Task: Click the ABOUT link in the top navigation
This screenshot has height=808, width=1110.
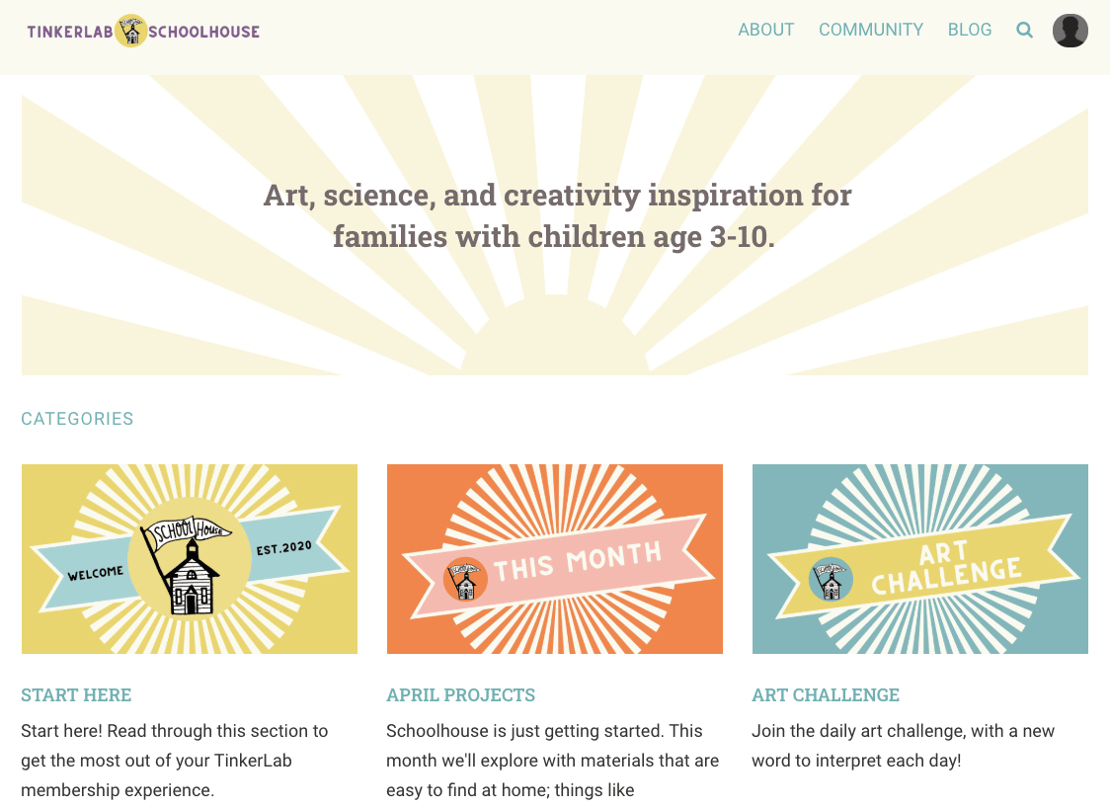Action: pyautogui.click(x=766, y=30)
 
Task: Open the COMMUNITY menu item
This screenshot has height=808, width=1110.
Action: pyautogui.click(x=871, y=30)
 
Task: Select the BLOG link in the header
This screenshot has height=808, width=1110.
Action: pyautogui.click(x=970, y=30)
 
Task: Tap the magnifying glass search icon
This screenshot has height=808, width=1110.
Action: pyautogui.click(x=1024, y=31)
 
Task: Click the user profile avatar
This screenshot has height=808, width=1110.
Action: pyautogui.click(x=1070, y=31)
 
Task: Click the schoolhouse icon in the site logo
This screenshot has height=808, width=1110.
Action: pyautogui.click(x=131, y=31)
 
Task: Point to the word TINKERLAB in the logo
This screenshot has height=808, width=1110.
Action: pyautogui.click(x=70, y=32)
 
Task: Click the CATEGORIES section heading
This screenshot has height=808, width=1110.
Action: pyautogui.click(x=77, y=419)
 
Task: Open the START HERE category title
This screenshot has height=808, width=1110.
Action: pyautogui.click(x=76, y=694)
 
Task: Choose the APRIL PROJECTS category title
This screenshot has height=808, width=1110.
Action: pyautogui.click(x=461, y=694)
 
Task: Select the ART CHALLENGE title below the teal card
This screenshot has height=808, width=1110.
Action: pyautogui.click(x=826, y=694)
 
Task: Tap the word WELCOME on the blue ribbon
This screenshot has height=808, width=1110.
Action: pyautogui.click(x=96, y=573)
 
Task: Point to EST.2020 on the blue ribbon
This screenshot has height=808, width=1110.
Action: pyautogui.click(x=283, y=547)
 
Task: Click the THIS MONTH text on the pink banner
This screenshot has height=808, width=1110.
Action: pyautogui.click(x=578, y=561)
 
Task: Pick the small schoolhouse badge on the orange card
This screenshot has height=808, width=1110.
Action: pyautogui.click(x=465, y=579)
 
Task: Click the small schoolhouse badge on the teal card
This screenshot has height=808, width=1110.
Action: pyautogui.click(x=831, y=579)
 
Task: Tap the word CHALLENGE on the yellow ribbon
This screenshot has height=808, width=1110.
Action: pyautogui.click(x=946, y=575)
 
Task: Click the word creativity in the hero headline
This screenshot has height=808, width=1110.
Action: pyautogui.click(x=572, y=196)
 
